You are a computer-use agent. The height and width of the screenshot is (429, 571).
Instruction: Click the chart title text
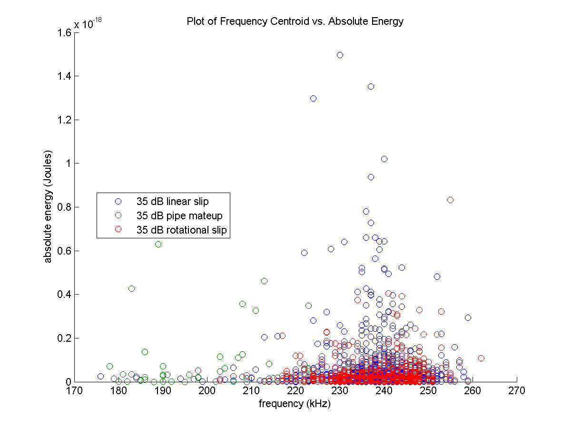click(x=295, y=21)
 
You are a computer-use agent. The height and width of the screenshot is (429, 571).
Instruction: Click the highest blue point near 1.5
click(x=340, y=55)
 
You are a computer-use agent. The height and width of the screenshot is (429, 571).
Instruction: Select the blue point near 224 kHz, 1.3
click(x=313, y=98)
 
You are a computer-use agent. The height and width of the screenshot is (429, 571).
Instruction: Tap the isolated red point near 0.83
click(x=450, y=200)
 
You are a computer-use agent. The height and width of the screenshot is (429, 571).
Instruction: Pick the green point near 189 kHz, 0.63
click(x=158, y=244)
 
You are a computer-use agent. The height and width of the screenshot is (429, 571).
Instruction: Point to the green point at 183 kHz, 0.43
click(x=131, y=288)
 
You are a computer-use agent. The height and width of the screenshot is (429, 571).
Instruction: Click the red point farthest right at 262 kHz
click(x=481, y=358)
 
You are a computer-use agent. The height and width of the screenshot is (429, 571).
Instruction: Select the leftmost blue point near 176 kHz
click(x=100, y=376)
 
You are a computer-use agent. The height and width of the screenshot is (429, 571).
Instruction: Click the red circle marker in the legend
click(x=118, y=230)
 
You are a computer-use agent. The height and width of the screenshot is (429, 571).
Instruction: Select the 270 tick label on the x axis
click(x=517, y=391)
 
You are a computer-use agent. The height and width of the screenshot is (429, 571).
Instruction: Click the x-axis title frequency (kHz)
click(x=295, y=404)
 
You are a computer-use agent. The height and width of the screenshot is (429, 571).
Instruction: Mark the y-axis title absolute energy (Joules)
click(x=49, y=207)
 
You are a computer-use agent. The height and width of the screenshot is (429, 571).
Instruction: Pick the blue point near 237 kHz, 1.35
click(x=371, y=86)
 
